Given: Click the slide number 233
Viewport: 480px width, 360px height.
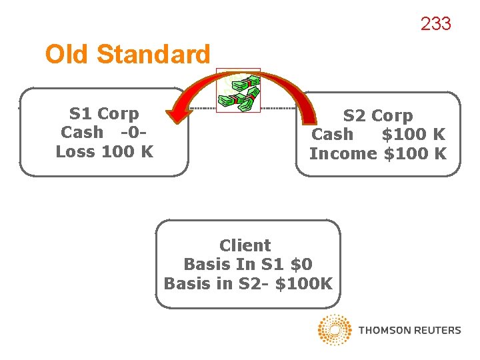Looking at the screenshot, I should pyautogui.click(x=435, y=24).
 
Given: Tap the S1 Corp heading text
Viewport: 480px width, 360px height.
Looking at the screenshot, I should pyautogui.click(x=104, y=114).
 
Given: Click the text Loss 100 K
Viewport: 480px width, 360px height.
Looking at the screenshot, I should pyautogui.click(x=105, y=151).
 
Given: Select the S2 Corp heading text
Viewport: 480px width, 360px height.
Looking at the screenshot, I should pyautogui.click(x=377, y=116).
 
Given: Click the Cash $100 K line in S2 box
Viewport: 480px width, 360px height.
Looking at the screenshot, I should pyautogui.click(x=377, y=135).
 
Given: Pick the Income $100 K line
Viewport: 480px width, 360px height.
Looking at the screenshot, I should pyautogui.click(x=377, y=153).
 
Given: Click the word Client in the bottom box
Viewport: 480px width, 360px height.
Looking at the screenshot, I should pyautogui.click(x=245, y=245).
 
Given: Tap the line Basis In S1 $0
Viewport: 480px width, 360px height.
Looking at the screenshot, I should pyautogui.click(x=247, y=264).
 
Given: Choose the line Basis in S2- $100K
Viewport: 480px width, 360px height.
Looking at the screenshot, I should pyautogui.click(x=247, y=283).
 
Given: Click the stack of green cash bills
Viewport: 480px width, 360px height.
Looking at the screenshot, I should pyautogui.click(x=238, y=92).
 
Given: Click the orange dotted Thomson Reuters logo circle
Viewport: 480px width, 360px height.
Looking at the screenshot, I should pyautogui.click(x=335, y=330).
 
